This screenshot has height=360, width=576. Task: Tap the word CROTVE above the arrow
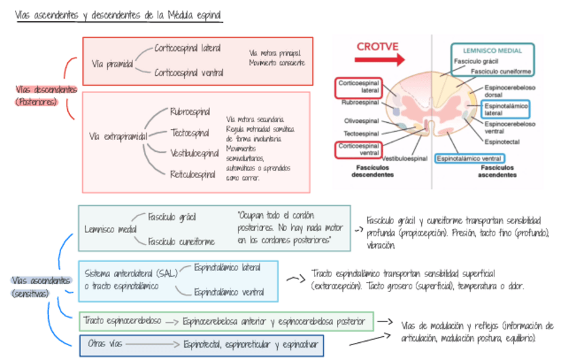pos(378,46)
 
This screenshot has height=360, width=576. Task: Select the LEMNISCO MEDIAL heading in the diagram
pos(492,50)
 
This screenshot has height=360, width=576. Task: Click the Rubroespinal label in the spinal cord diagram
pos(360,103)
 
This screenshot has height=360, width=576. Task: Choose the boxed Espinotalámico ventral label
pos(469,158)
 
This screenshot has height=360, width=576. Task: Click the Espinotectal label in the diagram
pos(501,141)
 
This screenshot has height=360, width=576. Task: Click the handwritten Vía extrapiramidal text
pos(118,137)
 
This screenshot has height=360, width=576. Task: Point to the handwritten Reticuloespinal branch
pos(192,175)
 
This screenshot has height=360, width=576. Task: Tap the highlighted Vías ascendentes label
pos(41,281)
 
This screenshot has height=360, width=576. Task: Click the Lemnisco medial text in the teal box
pos(110,230)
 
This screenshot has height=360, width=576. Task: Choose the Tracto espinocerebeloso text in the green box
pos(122,319)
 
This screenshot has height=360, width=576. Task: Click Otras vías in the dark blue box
pos(105,344)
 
